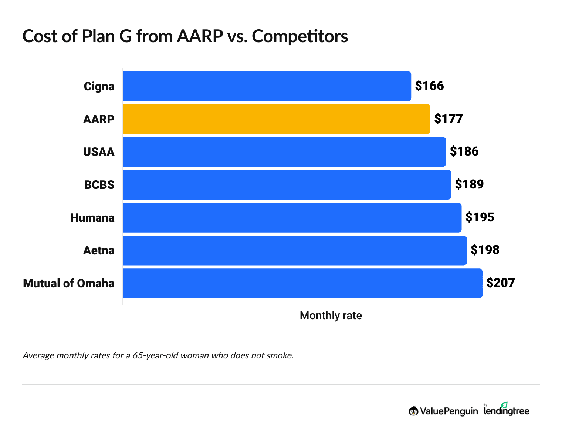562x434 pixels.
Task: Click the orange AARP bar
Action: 276,119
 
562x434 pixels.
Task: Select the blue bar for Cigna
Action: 267,86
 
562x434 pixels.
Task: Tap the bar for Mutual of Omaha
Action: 302,283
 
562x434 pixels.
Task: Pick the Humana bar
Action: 292,218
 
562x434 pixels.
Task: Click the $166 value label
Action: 429,86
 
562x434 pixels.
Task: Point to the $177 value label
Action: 448,119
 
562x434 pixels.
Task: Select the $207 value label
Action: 501,283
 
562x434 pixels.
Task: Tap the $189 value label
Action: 469,184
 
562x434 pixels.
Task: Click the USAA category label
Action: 99,152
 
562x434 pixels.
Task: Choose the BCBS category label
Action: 99,185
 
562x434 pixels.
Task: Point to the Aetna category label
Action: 99,251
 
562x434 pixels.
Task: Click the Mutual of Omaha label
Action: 69,283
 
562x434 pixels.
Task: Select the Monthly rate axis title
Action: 331,316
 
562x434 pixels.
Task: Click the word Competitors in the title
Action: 300,36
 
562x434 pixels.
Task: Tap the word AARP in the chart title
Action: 200,36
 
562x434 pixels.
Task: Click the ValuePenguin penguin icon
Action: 413,411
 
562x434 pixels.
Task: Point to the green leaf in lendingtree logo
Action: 504,405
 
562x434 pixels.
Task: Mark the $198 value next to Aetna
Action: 485,250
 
